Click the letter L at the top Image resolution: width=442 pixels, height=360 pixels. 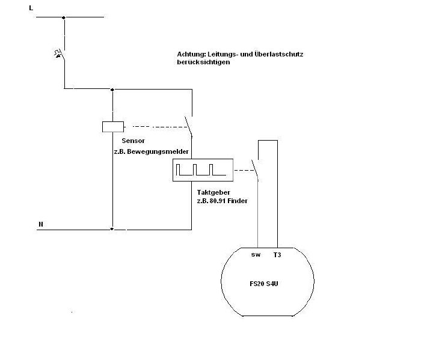click(x=31, y=8)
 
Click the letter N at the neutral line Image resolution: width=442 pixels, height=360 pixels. click(x=41, y=224)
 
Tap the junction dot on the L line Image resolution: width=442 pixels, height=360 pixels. click(x=64, y=17)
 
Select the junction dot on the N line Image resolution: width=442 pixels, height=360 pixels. click(x=112, y=229)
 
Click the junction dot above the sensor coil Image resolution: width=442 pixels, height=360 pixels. click(x=112, y=90)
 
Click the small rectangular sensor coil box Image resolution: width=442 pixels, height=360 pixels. click(x=113, y=127)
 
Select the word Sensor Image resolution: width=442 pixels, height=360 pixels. click(x=133, y=141)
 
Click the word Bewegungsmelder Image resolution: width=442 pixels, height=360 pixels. click(x=158, y=151)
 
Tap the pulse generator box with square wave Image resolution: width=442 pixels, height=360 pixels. click(x=203, y=170)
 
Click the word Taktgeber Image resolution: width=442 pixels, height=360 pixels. click(x=213, y=193)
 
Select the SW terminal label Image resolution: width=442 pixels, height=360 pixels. click(x=256, y=255)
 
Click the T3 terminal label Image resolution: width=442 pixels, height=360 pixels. click(x=277, y=255)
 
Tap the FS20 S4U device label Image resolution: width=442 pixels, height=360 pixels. click(x=264, y=284)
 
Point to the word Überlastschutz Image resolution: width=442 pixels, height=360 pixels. click(x=278, y=54)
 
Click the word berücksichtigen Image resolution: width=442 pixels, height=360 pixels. click(x=203, y=63)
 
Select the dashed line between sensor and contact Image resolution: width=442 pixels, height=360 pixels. click(x=160, y=127)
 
